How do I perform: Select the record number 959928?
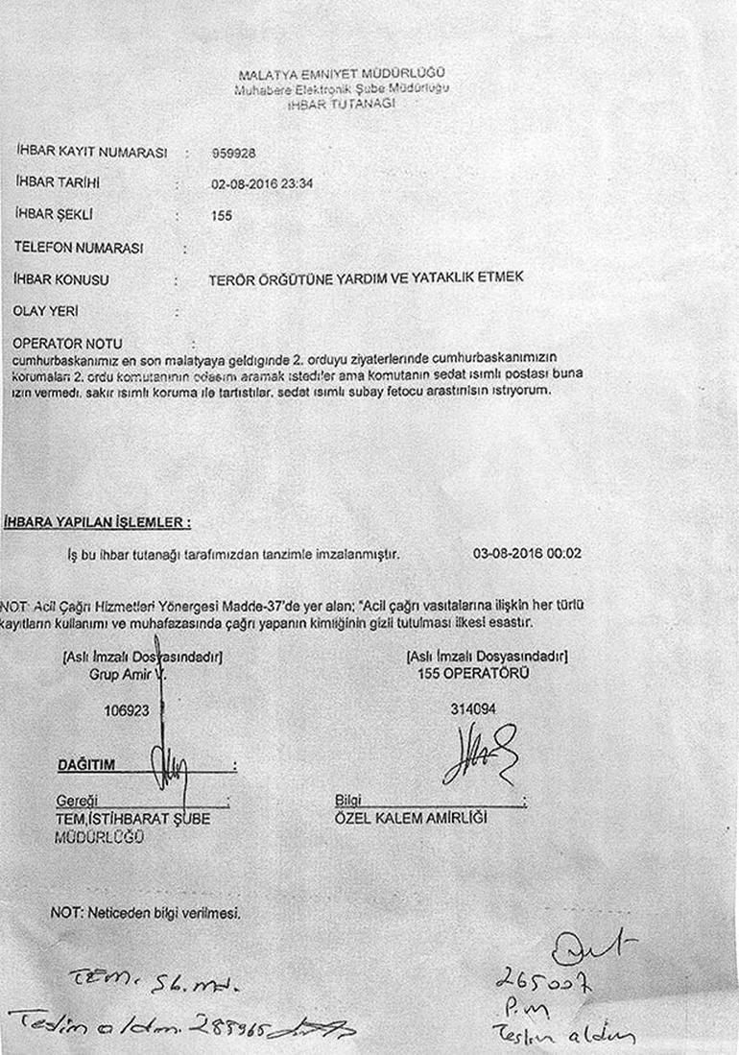pyautogui.click(x=233, y=153)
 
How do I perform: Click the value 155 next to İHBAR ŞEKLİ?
pyautogui.click(x=222, y=216)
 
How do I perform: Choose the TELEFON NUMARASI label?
pyautogui.click(x=79, y=248)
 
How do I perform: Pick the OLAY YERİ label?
pyautogui.click(x=46, y=312)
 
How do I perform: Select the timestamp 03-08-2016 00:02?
pyautogui.click(x=527, y=554)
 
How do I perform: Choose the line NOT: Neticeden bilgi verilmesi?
pyautogui.click(x=144, y=913)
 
